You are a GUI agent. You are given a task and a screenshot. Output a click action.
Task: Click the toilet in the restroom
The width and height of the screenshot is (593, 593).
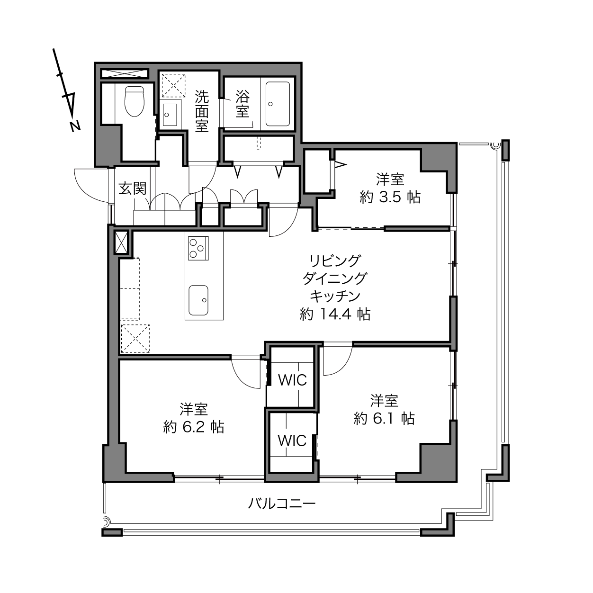click(135, 101)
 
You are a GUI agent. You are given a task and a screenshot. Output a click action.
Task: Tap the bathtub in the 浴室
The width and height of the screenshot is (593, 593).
click(278, 104)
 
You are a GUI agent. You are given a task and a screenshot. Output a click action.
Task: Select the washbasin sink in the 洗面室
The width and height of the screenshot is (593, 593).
click(170, 115)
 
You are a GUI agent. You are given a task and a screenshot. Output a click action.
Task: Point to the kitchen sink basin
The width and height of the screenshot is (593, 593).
click(198, 300)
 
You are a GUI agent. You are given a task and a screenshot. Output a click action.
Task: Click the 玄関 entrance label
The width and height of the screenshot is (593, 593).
click(133, 189)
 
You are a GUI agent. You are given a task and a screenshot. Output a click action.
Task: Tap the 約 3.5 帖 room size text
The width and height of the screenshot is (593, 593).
click(390, 197)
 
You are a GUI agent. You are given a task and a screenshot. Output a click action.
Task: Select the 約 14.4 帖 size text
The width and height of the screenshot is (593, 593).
click(335, 314)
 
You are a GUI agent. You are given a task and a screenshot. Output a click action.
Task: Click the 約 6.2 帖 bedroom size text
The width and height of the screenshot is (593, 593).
click(194, 427)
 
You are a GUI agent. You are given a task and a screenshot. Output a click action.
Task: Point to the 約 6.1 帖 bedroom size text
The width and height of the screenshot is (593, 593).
click(384, 419)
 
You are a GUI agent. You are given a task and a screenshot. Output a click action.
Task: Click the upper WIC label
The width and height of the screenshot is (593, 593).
click(293, 380)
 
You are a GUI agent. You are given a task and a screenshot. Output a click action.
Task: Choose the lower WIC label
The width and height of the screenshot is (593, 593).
click(292, 441)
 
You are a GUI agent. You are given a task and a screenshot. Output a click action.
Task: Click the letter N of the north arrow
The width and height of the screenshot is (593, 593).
click(75, 126)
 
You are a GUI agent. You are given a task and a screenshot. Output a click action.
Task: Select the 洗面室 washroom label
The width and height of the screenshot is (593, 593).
click(202, 111)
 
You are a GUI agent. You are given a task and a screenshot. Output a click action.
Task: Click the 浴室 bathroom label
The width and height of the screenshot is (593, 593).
click(243, 104)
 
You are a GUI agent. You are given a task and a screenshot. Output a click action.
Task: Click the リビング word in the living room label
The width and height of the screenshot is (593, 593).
click(335, 261)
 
